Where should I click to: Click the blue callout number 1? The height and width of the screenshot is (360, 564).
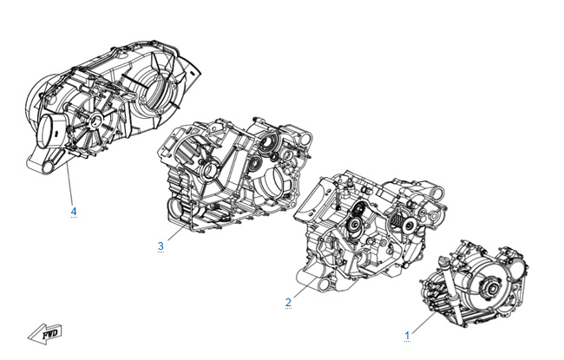407,336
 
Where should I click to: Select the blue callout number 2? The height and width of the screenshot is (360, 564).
288,303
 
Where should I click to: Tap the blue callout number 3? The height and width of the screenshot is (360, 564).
161,246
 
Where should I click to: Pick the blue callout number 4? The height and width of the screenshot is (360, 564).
74,211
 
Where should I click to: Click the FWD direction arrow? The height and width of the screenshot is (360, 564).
46,334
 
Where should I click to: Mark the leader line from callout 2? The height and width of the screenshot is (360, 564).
305,287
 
